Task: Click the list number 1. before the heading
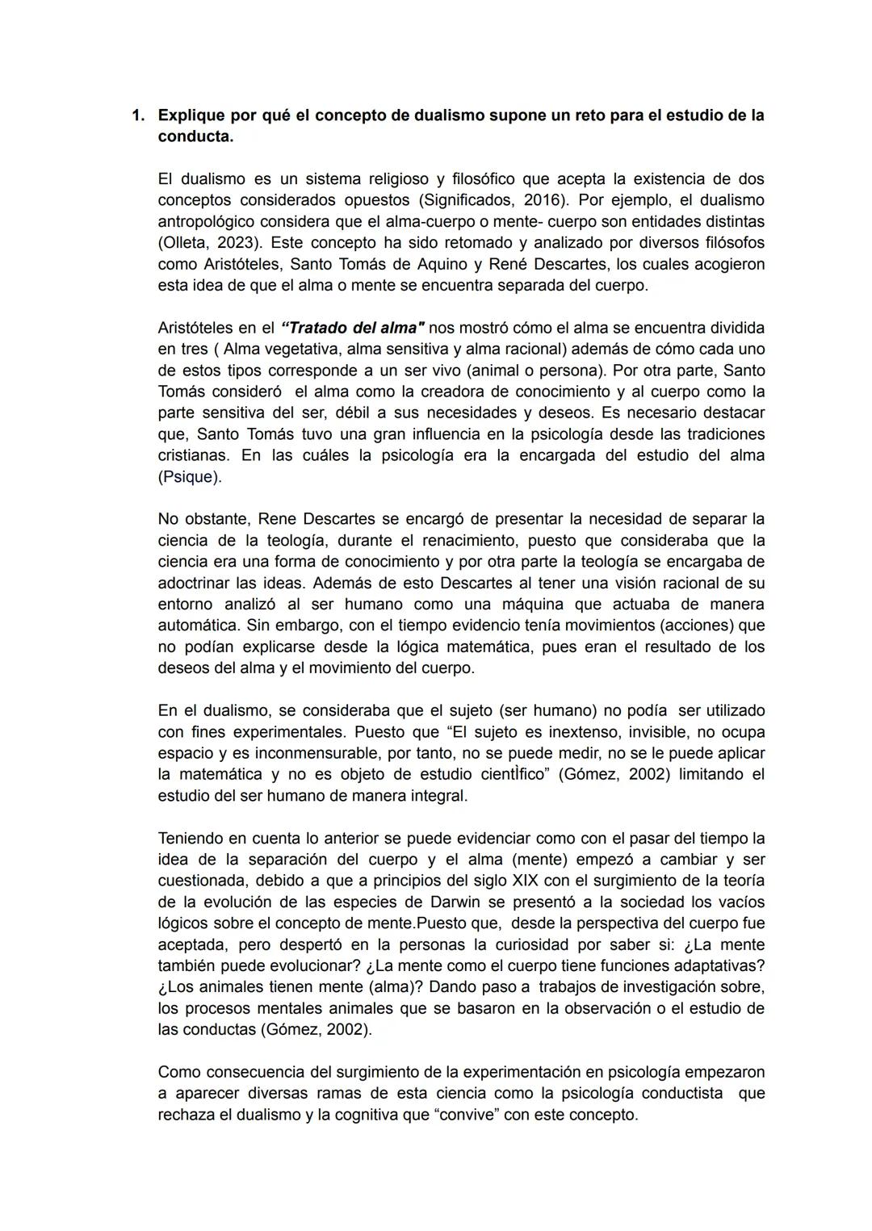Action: click(x=139, y=115)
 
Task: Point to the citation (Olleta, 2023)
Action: click(x=212, y=242)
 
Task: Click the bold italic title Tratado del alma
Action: click(x=353, y=329)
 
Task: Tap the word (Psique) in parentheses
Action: click(x=189, y=476)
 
